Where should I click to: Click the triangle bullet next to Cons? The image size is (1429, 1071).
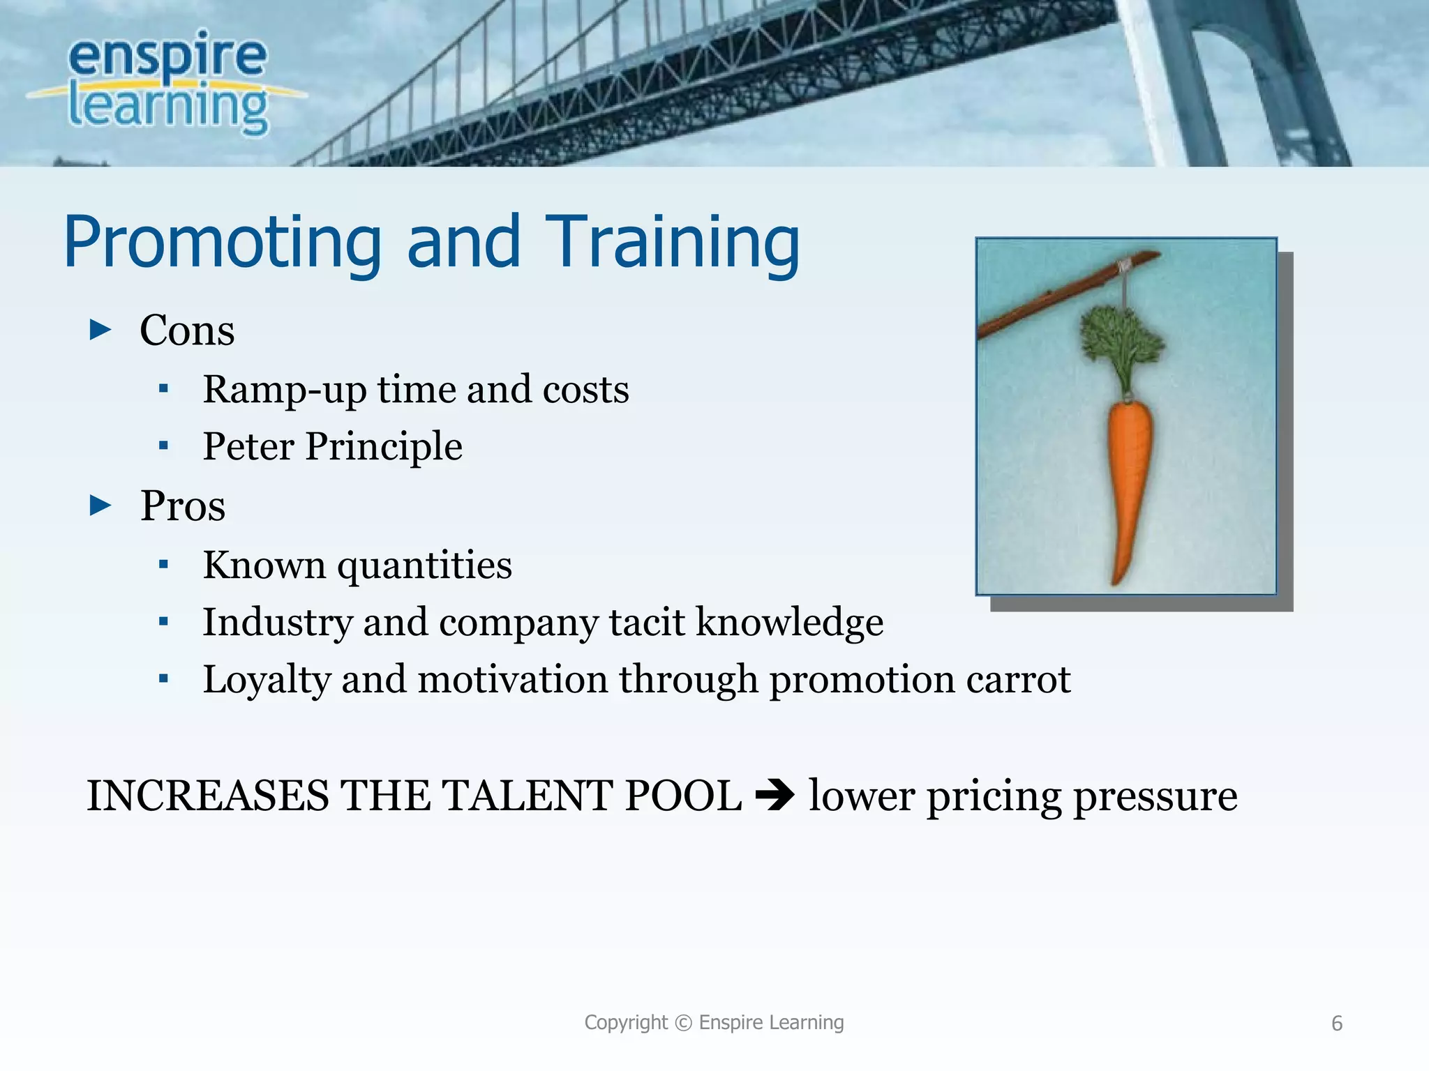[x=100, y=329]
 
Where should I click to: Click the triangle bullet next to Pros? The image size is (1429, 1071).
[x=100, y=506]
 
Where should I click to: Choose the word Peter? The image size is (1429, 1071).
[x=248, y=446]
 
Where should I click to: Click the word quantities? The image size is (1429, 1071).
[x=424, y=565]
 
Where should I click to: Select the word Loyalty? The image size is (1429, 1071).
[x=266, y=680]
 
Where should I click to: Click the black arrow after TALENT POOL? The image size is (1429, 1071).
[x=775, y=795]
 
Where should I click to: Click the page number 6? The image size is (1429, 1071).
[x=1337, y=1024]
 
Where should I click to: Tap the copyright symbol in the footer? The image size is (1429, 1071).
[x=684, y=1023]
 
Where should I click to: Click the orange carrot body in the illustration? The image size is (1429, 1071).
[x=1128, y=474]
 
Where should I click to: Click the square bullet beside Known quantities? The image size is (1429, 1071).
[x=163, y=565]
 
